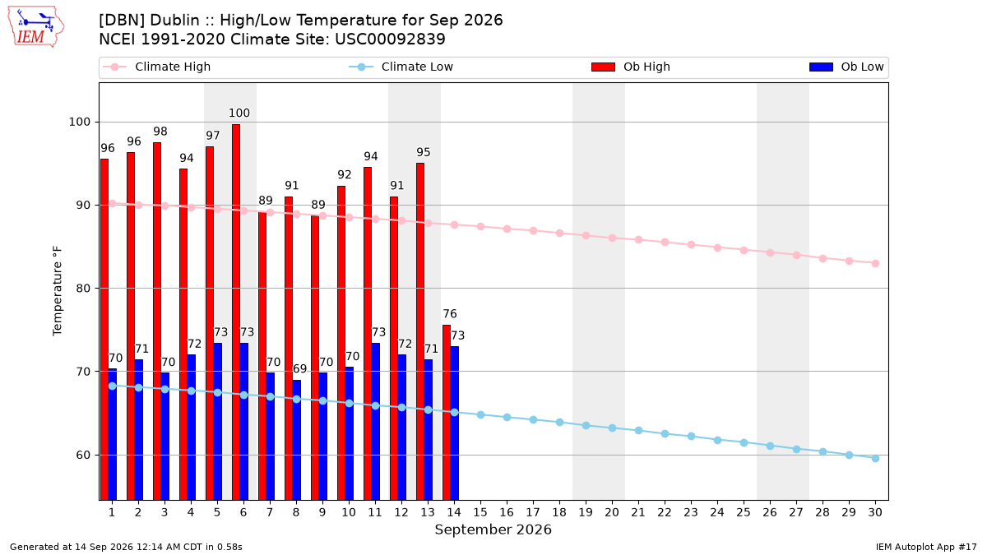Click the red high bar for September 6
point(236,312)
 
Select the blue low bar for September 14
point(455,423)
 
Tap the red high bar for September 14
point(447,413)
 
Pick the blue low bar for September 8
point(297,440)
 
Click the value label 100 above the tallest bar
point(239,113)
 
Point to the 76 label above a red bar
point(450,313)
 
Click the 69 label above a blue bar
point(299,368)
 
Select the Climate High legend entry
point(157,67)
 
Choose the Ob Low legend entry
point(846,67)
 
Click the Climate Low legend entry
point(401,67)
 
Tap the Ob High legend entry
point(631,67)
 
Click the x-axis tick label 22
point(665,512)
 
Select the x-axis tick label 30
point(875,512)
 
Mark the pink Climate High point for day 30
point(875,263)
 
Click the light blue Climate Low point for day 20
point(612,428)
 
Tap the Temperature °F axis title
point(58,291)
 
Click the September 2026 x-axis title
point(493,530)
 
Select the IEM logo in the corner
point(35,27)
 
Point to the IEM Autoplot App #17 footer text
point(926,547)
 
